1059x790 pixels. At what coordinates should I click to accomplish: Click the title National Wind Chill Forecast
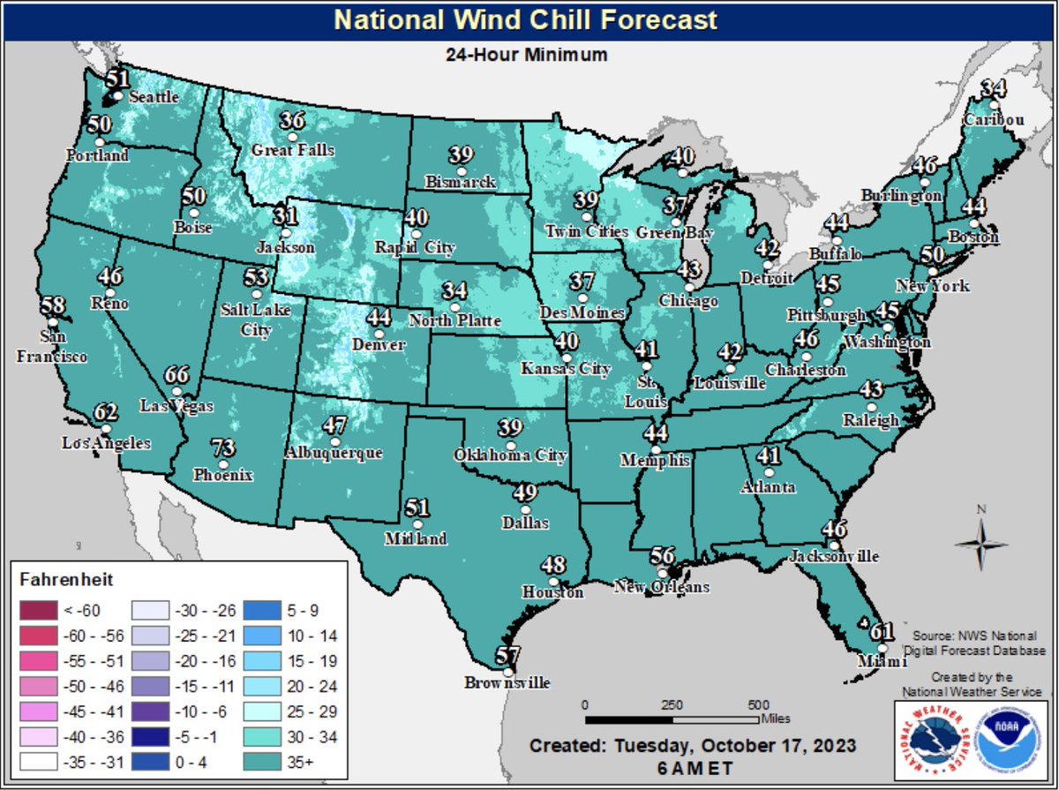click(526, 19)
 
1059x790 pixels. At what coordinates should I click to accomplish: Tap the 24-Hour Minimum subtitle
click(526, 55)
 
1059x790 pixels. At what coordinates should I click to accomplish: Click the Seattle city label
click(154, 97)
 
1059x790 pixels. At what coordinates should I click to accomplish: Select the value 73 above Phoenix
click(226, 448)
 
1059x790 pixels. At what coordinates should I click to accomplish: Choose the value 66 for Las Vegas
click(177, 375)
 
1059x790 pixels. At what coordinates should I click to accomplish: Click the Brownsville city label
click(507, 682)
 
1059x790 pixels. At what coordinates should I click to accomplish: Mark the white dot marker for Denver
click(379, 335)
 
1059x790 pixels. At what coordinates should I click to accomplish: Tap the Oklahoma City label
click(509, 455)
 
